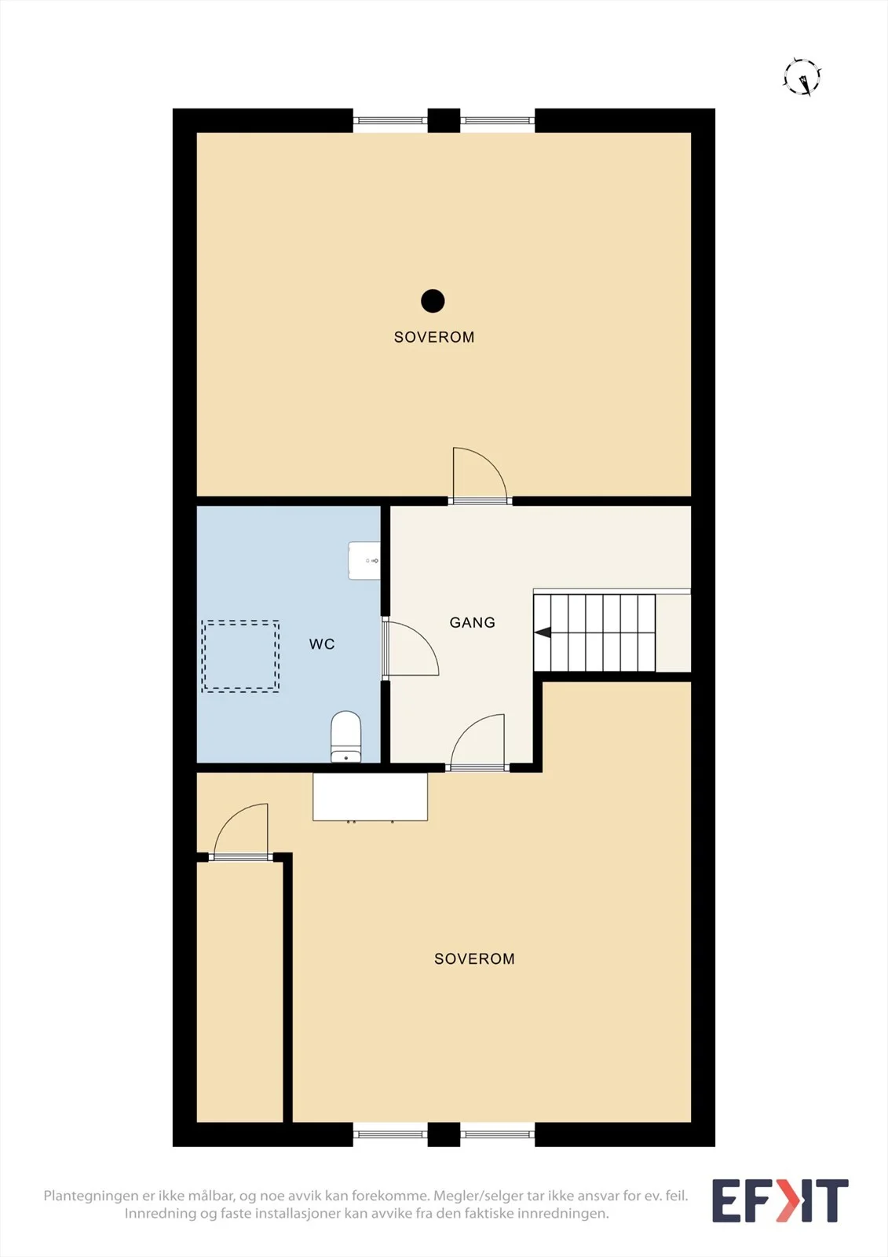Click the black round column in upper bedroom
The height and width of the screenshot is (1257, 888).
pos(433,301)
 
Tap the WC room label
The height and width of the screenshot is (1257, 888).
pos(322,644)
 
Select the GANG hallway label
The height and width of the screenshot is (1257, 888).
pos(473,622)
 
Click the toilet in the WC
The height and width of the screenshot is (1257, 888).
pos(345,737)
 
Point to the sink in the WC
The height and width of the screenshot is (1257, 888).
pos(364,560)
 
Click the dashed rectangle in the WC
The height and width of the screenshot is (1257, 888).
pos(241,656)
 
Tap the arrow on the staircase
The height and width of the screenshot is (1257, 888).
pos(543,633)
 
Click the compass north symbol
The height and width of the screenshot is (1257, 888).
pos(802,76)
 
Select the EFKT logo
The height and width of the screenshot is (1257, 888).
pos(780,1200)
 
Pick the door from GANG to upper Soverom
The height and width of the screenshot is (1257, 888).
pos(480,475)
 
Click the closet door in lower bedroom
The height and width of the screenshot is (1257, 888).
pos(241,832)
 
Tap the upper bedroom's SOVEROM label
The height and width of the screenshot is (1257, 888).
pos(434,337)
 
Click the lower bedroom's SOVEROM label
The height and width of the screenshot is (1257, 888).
pos(474,959)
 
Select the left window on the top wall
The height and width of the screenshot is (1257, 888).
pos(390,120)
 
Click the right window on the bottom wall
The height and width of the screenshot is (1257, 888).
pos(498,1134)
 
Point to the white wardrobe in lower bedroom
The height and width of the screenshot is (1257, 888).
pos(371,797)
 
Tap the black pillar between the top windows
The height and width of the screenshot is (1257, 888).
pos(444,121)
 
